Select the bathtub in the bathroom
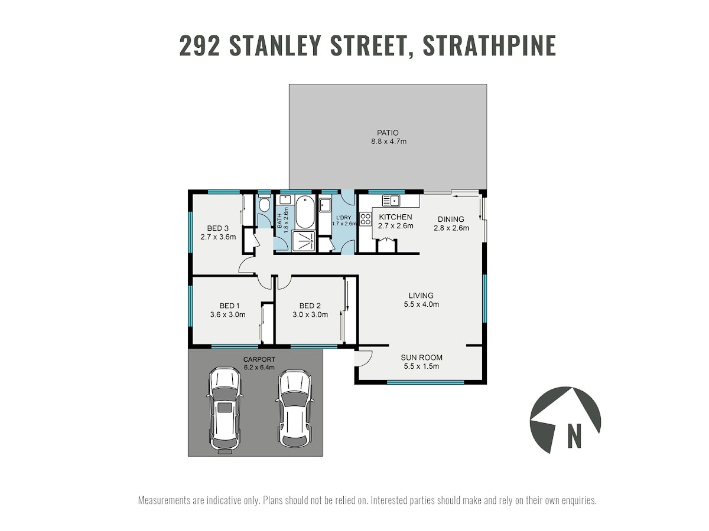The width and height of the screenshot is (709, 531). pos(305,212)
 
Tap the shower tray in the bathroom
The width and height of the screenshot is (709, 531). pos(303,241)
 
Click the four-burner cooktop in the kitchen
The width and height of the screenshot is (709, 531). pos(365,218)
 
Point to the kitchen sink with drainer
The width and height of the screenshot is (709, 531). pos(391,201)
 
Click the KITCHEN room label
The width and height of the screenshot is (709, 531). pos(395,217)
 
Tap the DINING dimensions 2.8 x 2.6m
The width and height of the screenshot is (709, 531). pos(451,228)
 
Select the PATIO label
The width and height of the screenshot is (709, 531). pos(388,133)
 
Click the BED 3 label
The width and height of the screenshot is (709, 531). pos(217,228)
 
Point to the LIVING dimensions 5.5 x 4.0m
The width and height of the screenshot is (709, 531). pos(421,304)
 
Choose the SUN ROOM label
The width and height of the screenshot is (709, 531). pos(421,357)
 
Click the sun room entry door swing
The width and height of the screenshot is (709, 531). pos(363,358)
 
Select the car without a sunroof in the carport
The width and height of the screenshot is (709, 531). pos(295,408)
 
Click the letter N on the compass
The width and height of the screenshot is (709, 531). pos(574,435)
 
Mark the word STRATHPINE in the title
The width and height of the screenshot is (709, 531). pos(489,46)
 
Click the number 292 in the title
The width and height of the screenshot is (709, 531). pos(200,46)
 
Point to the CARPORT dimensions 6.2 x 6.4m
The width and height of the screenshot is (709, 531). pos(259,367)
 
